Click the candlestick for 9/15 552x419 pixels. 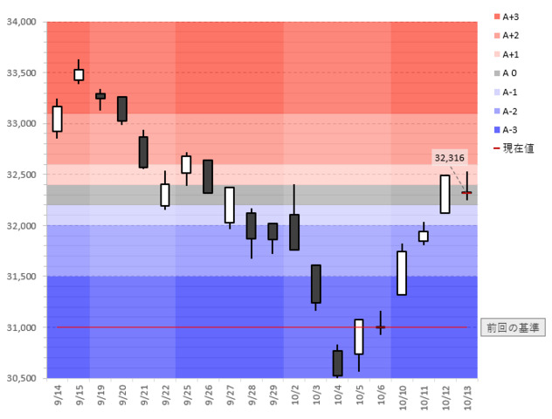(x=79, y=74)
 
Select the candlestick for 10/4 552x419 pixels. (x=337, y=363)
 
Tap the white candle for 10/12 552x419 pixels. (x=445, y=194)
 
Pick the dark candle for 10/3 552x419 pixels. (x=315, y=284)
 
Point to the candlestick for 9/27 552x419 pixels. (x=229, y=205)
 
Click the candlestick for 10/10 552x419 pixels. (x=402, y=272)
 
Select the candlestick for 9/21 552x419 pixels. (x=143, y=152)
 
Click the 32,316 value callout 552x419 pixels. (x=449, y=157)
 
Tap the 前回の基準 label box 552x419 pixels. (x=512, y=327)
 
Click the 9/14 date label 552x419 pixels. (x=58, y=397)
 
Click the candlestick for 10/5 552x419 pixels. (x=358, y=336)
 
